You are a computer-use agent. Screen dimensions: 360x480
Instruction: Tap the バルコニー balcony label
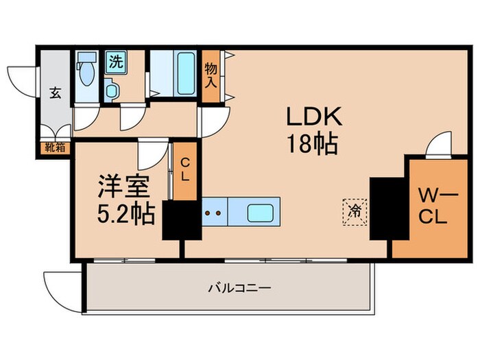(230, 288)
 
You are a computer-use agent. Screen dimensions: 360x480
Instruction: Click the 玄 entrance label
(55, 93)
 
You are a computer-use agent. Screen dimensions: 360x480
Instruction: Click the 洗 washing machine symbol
(115, 61)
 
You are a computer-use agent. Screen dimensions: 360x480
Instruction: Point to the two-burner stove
(213, 213)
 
